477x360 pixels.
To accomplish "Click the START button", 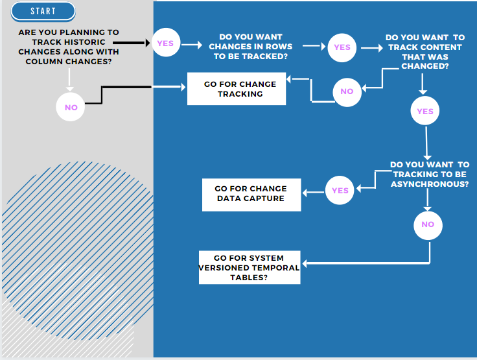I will (43, 11).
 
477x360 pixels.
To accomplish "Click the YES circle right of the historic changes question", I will (165, 43).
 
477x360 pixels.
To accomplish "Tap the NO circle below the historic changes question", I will (71, 107).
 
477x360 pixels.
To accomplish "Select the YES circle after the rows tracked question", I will (342, 47).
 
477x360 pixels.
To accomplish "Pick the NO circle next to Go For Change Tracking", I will (347, 91).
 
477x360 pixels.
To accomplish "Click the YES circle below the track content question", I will (425, 112).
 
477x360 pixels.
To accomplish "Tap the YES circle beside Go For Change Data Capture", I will (340, 191).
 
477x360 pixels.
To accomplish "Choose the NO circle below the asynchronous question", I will (428, 224).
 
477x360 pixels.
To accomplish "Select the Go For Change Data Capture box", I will (251, 194).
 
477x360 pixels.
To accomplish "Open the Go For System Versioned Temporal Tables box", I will (250, 267).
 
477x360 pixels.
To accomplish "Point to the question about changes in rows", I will (250, 47).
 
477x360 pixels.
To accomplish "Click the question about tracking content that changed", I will (425, 52).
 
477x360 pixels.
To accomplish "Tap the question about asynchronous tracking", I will (430, 174).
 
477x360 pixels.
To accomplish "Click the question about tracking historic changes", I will (69, 47).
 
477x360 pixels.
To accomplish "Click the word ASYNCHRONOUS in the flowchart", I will (430, 184).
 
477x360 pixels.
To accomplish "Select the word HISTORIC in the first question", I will (93, 42).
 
